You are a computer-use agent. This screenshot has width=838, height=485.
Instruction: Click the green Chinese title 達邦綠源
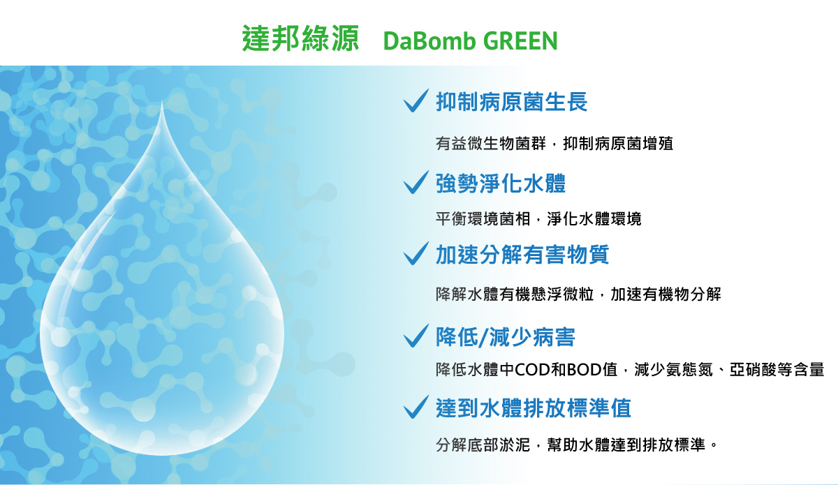click(x=300, y=38)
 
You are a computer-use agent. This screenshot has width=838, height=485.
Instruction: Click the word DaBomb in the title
click(x=429, y=40)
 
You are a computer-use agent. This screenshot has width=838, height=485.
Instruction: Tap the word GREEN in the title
click(x=520, y=40)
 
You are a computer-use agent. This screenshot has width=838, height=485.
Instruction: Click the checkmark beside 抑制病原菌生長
click(x=416, y=100)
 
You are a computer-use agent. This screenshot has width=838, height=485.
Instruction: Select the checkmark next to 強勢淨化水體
click(x=416, y=182)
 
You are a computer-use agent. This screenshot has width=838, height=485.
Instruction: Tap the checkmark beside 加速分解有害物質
click(x=416, y=253)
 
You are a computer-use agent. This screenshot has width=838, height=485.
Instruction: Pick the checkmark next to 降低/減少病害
click(x=416, y=336)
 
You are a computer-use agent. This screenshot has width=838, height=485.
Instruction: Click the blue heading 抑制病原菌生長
click(x=511, y=102)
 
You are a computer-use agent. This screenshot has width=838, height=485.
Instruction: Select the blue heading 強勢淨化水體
click(x=501, y=184)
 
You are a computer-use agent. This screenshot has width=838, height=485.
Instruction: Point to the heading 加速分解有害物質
click(x=522, y=255)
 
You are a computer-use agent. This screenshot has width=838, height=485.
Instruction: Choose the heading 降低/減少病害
click(x=505, y=337)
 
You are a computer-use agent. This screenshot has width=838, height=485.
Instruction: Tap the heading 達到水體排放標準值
click(x=533, y=408)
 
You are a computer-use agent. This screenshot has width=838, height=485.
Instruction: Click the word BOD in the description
click(x=584, y=370)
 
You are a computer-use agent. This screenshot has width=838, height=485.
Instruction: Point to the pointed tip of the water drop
click(x=162, y=102)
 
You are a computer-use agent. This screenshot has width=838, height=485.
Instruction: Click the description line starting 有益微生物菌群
click(x=554, y=144)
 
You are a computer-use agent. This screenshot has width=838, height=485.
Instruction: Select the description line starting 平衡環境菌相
click(x=538, y=218)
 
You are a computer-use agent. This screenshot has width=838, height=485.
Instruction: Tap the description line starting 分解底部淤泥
click(x=576, y=445)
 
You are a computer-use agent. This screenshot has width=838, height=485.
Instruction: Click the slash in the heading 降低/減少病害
click(x=484, y=337)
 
